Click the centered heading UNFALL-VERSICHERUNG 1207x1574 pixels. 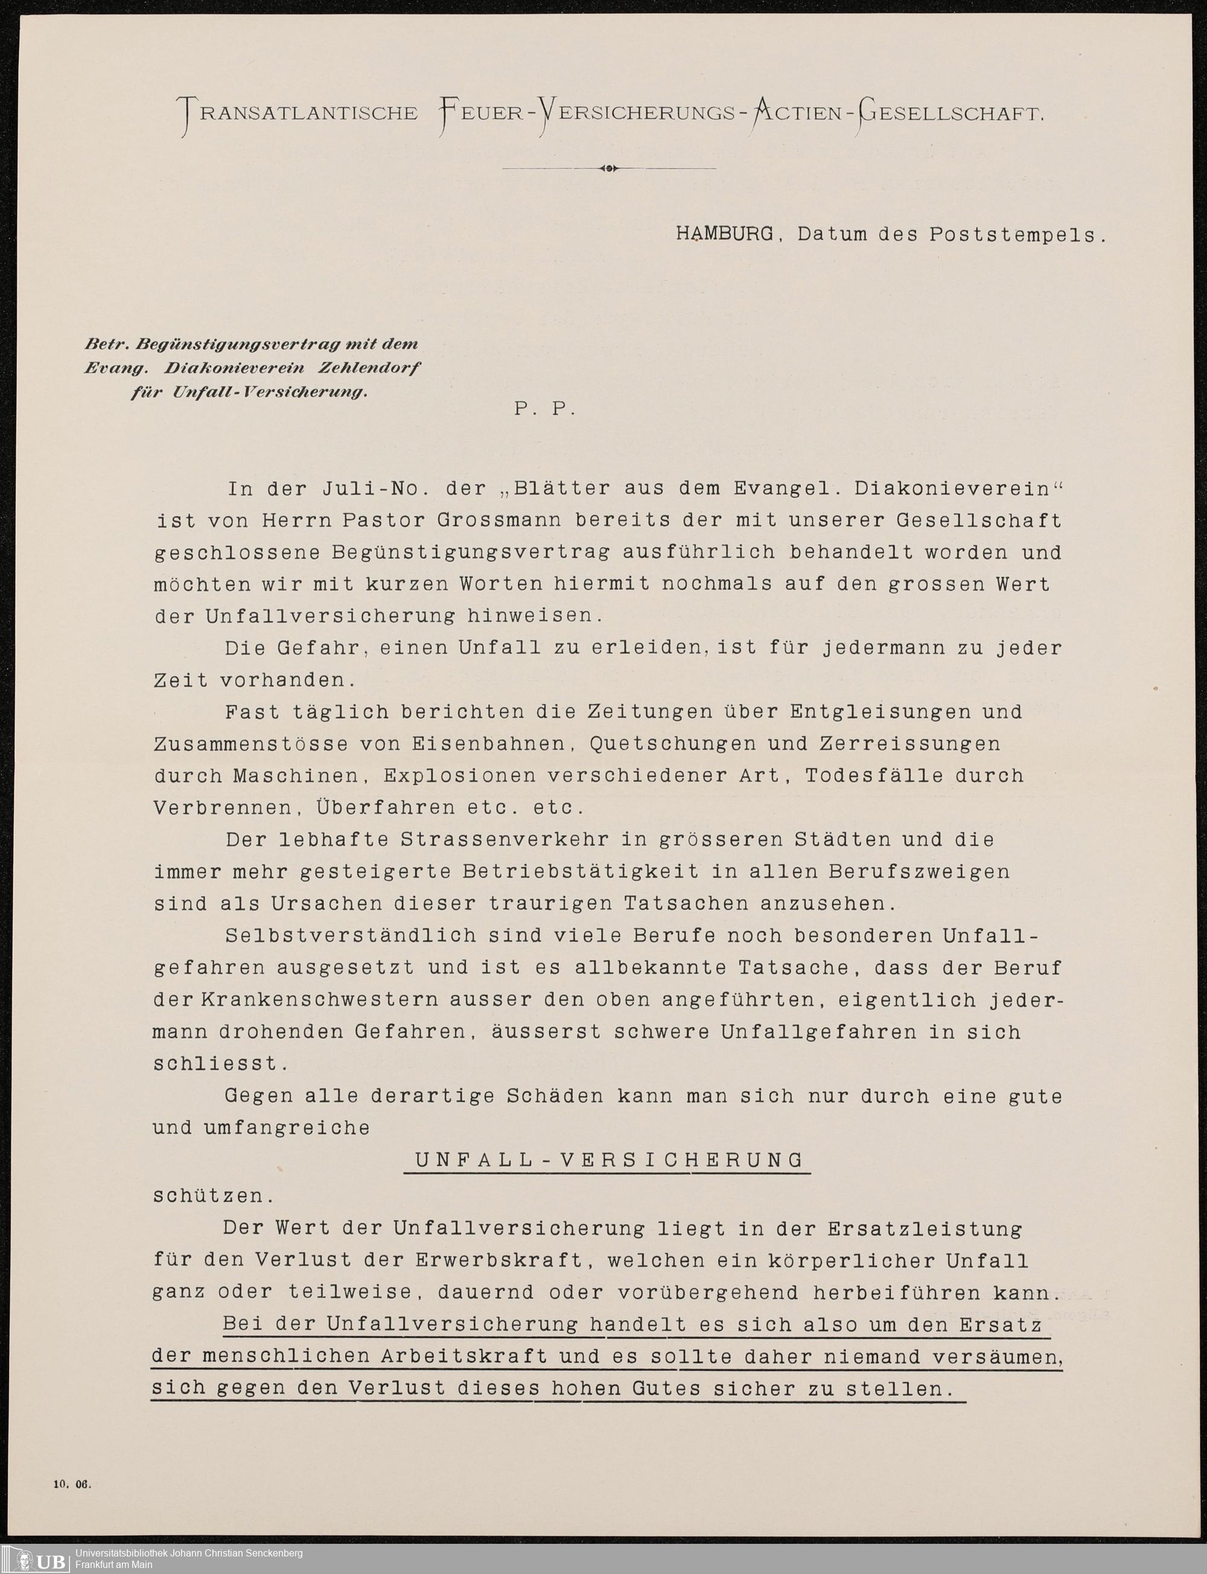[608, 1160]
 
